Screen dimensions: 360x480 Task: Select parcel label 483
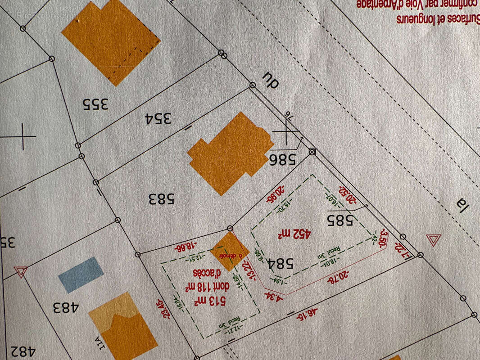coord(65,308)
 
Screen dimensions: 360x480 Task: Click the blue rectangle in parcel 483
coord(81,274)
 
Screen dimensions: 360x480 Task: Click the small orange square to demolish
coord(230,251)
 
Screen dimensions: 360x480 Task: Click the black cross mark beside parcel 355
coord(23,136)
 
